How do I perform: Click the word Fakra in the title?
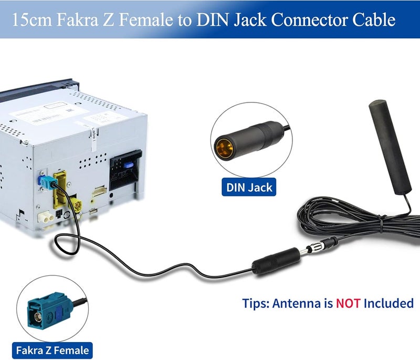78,19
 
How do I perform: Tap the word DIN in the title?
213,19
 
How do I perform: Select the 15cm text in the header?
32,20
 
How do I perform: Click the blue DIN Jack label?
249,187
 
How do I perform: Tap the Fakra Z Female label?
52,351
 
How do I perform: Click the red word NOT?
348,303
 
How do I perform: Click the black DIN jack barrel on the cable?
276,261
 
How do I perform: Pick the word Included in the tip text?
388,303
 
